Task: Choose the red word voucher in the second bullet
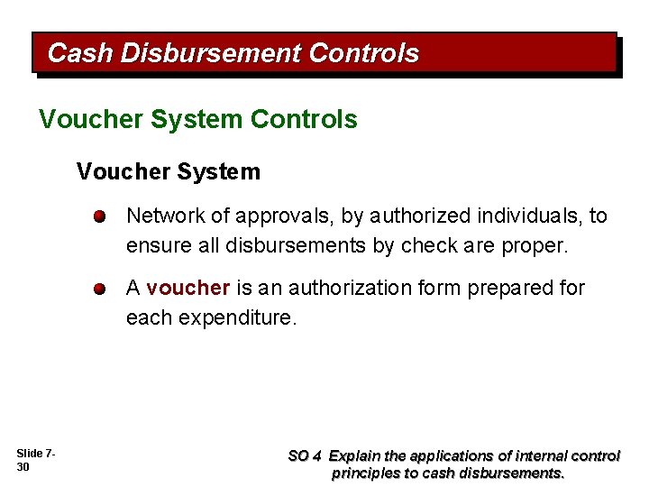pos(188,289)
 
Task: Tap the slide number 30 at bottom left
pos(23,466)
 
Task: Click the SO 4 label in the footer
pos(304,456)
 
